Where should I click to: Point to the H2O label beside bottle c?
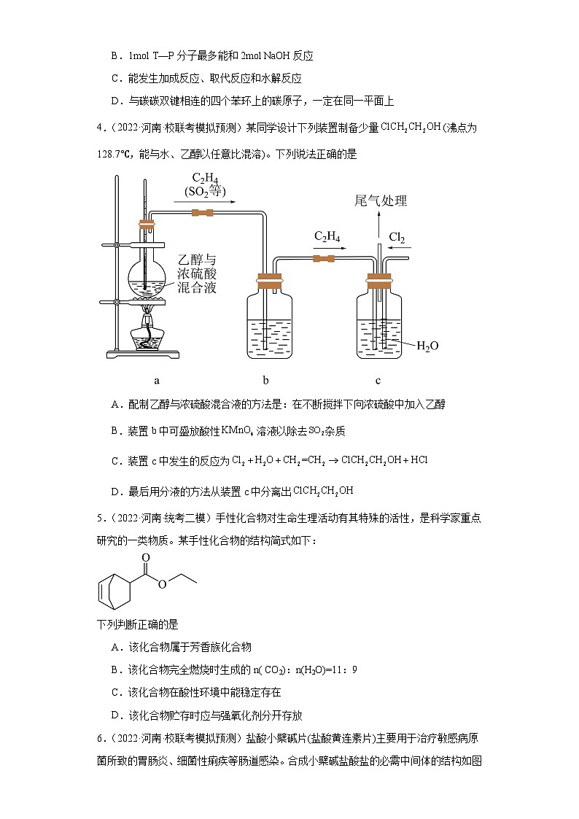tap(427, 346)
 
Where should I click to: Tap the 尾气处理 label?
tap(381, 201)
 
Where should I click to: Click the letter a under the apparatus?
tap(157, 380)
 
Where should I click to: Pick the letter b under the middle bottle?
tap(265, 380)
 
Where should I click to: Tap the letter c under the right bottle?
tap(378, 380)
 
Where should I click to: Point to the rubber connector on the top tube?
tap(202, 213)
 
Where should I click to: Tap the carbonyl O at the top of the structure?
tap(147, 558)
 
